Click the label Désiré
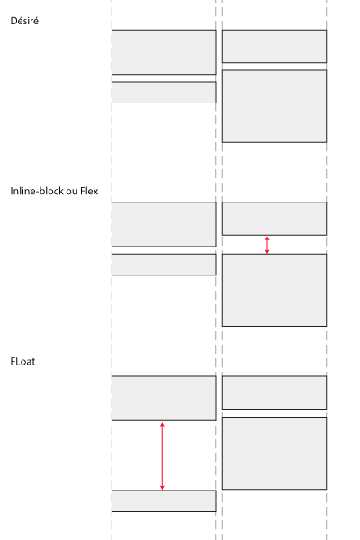click(x=24, y=21)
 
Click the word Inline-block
click(x=37, y=191)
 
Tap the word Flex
click(x=89, y=191)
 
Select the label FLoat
click(x=22, y=361)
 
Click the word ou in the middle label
click(x=72, y=192)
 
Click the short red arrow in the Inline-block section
click(x=267, y=245)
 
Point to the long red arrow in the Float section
click(x=162, y=456)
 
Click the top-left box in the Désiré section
click(x=164, y=52)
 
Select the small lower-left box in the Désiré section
click(x=164, y=93)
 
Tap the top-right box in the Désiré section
click(x=274, y=46)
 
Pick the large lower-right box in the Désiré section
click(x=274, y=106)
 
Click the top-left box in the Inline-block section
click(x=164, y=224)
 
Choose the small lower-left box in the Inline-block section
click(x=164, y=265)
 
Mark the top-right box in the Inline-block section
click(x=274, y=219)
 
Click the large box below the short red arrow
click(x=274, y=290)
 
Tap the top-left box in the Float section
click(x=164, y=399)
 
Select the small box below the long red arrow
click(x=164, y=501)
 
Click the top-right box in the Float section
click(x=274, y=392)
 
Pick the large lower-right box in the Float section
click(x=274, y=453)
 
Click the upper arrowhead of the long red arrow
click(x=162, y=423)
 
